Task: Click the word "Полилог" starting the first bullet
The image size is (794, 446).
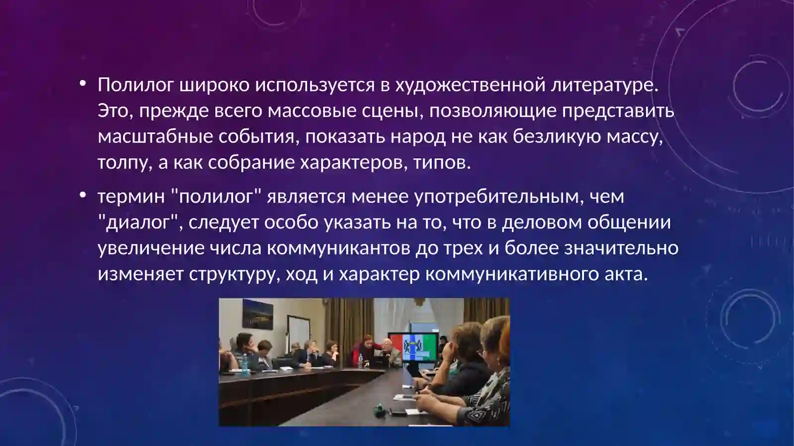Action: [136, 85]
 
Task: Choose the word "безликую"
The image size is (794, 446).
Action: [557, 136]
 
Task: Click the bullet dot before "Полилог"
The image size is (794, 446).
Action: [82, 84]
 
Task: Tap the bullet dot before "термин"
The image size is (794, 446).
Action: [82, 194]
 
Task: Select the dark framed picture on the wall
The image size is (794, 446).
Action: [258, 314]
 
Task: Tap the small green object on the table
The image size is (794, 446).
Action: [379, 411]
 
